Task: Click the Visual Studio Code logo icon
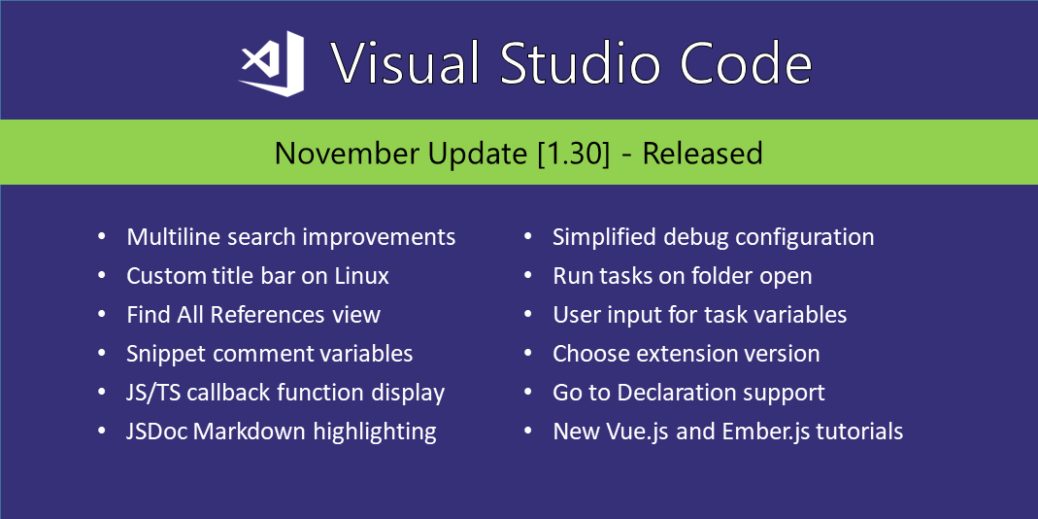coord(272,63)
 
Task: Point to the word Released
coord(702,154)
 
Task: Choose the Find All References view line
coord(253,314)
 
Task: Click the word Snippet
coord(166,354)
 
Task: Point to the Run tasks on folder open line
coord(683,276)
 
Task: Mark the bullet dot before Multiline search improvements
coord(101,236)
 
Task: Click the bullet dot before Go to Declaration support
coord(527,393)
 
